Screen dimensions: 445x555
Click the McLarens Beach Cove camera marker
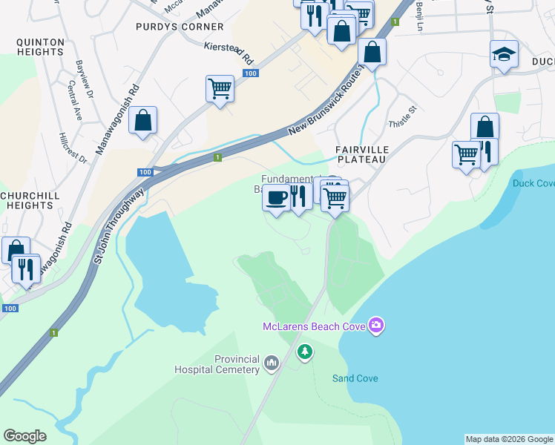(x=377, y=326)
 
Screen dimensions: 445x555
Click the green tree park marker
(x=305, y=351)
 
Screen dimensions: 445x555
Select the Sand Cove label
(x=355, y=378)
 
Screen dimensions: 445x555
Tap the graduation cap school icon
(x=504, y=54)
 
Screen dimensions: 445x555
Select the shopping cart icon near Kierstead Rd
(x=220, y=88)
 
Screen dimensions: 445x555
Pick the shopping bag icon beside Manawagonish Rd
(x=143, y=120)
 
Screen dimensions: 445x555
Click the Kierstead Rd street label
(x=229, y=53)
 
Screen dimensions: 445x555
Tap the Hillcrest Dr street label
(x=73, y=148)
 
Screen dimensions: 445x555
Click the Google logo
(x=24, y=436)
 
